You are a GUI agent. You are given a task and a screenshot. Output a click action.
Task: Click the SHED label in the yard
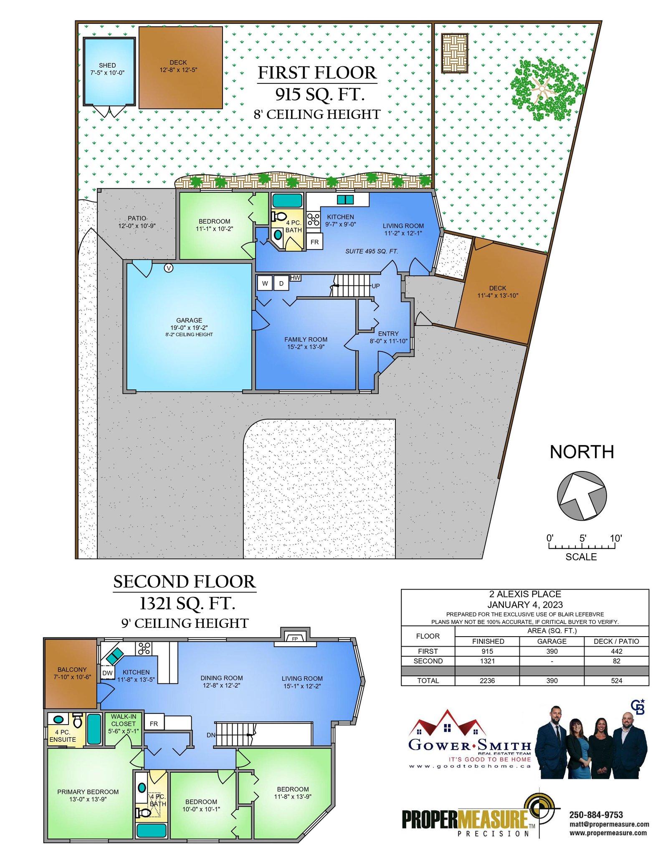tap(107, 65)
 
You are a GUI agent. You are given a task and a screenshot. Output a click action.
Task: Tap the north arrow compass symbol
tap(582, 496)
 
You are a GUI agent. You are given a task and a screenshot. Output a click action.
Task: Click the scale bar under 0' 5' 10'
tap(582, 546)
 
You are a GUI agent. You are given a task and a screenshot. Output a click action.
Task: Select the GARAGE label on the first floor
tap(189, 320)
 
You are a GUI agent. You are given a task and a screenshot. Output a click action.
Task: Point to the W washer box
tap(265, 283)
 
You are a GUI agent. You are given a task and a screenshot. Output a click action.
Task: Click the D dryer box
tap(281, 283)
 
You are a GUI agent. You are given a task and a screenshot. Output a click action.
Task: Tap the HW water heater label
tap(295, 277)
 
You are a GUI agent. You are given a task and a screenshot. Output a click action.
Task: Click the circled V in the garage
tap(169, 268)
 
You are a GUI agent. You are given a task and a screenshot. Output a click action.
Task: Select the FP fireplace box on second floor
tap(295, 638)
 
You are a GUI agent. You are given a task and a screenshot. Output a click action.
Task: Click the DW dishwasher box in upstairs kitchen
tap(108, 673)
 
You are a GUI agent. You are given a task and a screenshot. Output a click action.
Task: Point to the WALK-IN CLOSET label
tap(124, 723)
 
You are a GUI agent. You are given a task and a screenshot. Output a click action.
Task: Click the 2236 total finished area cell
tap(487, 680)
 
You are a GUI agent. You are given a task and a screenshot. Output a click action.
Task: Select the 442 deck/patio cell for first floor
tap(616, 651)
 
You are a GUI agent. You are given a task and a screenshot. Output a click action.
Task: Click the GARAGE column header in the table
tap(552, 641)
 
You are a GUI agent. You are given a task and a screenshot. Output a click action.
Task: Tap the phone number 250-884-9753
tap(596, 815)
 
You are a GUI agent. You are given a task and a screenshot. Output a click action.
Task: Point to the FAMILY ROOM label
tap(306, 339)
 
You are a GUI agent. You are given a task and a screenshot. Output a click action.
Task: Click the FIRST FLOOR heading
tap(317, 73)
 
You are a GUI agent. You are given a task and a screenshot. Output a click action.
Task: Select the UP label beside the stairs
tap(376, 286)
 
